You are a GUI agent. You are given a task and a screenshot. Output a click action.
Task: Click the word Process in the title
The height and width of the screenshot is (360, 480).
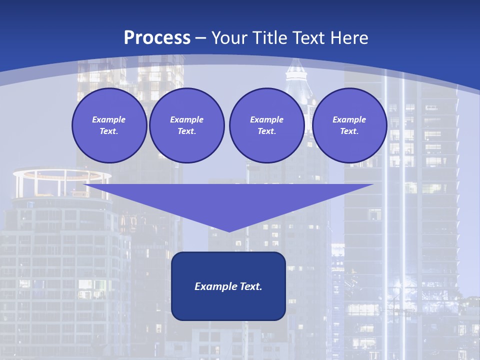click(157, 38)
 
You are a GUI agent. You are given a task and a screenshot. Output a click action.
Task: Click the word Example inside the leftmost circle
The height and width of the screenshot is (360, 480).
click(109, 119)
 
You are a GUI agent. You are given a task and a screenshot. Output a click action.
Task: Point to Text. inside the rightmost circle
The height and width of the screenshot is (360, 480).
click(349, 131)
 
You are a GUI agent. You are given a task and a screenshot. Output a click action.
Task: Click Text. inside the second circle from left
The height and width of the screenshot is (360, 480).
click(186, 131)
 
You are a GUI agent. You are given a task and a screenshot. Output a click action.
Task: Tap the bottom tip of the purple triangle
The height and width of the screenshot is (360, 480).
click(228, 231)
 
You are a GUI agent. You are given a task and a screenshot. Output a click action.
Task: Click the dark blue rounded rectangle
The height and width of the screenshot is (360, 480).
click(228, 305)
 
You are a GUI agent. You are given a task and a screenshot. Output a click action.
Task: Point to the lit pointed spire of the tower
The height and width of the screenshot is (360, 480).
click(298, 70)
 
